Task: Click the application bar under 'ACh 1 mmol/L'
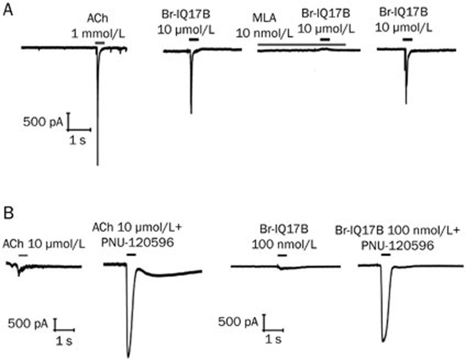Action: point(100,43)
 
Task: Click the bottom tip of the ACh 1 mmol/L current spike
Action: point(97,164)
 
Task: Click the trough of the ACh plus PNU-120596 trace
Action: point(128,356)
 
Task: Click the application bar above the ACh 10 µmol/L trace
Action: point(23,254)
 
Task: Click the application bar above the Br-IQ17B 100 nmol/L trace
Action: point(283,255)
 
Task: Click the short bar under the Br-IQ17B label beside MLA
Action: point(324,39)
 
